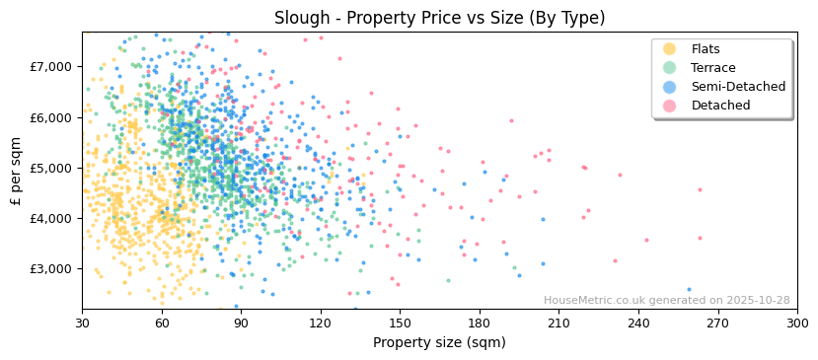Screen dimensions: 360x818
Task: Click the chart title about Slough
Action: click(439, 18)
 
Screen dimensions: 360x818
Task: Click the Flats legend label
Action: click(706, 49)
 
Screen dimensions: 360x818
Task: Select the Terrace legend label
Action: click(713, 68)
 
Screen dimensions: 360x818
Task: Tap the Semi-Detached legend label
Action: click(738, 87)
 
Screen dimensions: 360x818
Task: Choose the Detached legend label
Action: click(720, 106)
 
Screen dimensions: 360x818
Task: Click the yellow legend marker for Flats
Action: click(670, 49)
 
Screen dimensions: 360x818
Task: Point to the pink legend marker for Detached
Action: click(670, 106)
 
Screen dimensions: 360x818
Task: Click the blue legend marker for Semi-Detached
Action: click(670, 87)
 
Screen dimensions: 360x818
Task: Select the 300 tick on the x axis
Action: click(797, 323)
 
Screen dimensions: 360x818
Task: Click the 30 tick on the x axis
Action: click(82, 323)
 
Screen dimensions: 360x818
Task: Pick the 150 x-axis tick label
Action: click(400, 323)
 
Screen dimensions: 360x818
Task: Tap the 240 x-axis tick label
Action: click(638, 323)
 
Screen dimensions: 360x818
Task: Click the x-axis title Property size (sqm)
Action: click(439, 342)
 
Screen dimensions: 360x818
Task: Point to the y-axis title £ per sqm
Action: click(17, 171)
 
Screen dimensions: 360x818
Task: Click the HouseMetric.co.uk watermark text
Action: click(666, 301)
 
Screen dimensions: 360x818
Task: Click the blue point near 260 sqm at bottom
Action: click(689, 290)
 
